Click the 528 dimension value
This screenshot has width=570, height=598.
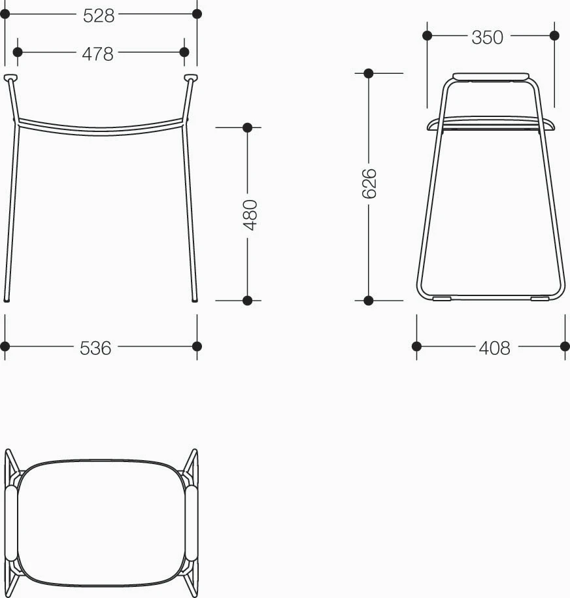point(99,16)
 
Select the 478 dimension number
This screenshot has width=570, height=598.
point(97,54)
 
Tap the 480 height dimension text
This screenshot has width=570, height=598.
point(250,215)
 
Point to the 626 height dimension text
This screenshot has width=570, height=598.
point(369,184)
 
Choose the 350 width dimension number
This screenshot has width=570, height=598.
point(487,37)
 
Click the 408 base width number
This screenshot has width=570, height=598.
point(494,348)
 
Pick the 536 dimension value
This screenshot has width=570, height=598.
point(95,348)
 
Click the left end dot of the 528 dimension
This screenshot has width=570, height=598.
point(5,14)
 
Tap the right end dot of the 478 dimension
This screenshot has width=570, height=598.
point(184,52)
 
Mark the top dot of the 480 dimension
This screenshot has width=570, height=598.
point(247,127)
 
